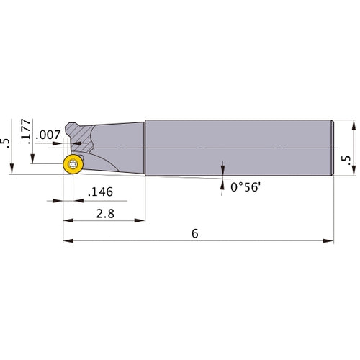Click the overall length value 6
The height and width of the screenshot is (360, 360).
click(194, 233)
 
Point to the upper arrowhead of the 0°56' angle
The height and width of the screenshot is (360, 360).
click(222, 165)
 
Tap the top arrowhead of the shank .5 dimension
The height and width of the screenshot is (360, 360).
click(354, 122)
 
